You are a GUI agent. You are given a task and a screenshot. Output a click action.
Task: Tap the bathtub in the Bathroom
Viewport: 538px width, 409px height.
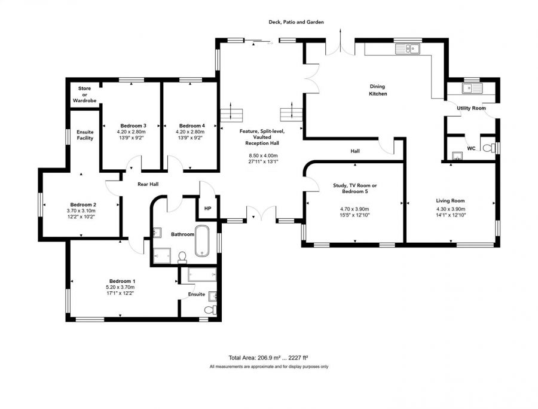pos(202,241)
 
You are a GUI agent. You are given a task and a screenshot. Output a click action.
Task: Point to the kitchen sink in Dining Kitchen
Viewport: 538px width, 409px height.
pos(408,48)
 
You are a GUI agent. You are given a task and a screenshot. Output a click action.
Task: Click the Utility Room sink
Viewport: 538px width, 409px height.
pos(472,88)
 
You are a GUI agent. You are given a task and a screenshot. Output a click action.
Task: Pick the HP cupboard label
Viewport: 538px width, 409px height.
pos(207,208)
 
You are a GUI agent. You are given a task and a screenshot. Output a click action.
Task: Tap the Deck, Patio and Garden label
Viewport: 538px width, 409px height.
pos(296,22)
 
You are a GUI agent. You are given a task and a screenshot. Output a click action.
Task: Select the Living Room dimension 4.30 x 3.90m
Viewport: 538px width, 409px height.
pos(451,209)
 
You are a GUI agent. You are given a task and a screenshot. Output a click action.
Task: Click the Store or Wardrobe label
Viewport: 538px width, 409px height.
pos(84,94)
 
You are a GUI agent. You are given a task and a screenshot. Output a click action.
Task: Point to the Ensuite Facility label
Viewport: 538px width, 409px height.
pos(85,135)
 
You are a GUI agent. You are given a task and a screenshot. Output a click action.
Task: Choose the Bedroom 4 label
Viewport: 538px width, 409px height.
pos(192,126)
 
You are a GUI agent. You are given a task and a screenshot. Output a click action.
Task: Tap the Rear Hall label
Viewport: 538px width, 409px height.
pos(148,184)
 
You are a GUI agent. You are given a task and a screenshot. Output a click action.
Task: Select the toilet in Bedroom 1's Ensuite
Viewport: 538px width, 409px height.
pos(210,310)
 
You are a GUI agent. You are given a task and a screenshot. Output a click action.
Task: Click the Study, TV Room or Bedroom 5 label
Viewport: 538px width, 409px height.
pos(354,188)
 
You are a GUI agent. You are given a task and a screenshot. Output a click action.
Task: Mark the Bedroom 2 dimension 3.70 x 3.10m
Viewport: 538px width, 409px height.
pos(81,210)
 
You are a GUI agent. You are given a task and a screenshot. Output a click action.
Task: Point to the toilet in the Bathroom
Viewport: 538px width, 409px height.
pos(182,257)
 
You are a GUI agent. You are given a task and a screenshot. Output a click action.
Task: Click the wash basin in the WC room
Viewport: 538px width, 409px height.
pos(457,156)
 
